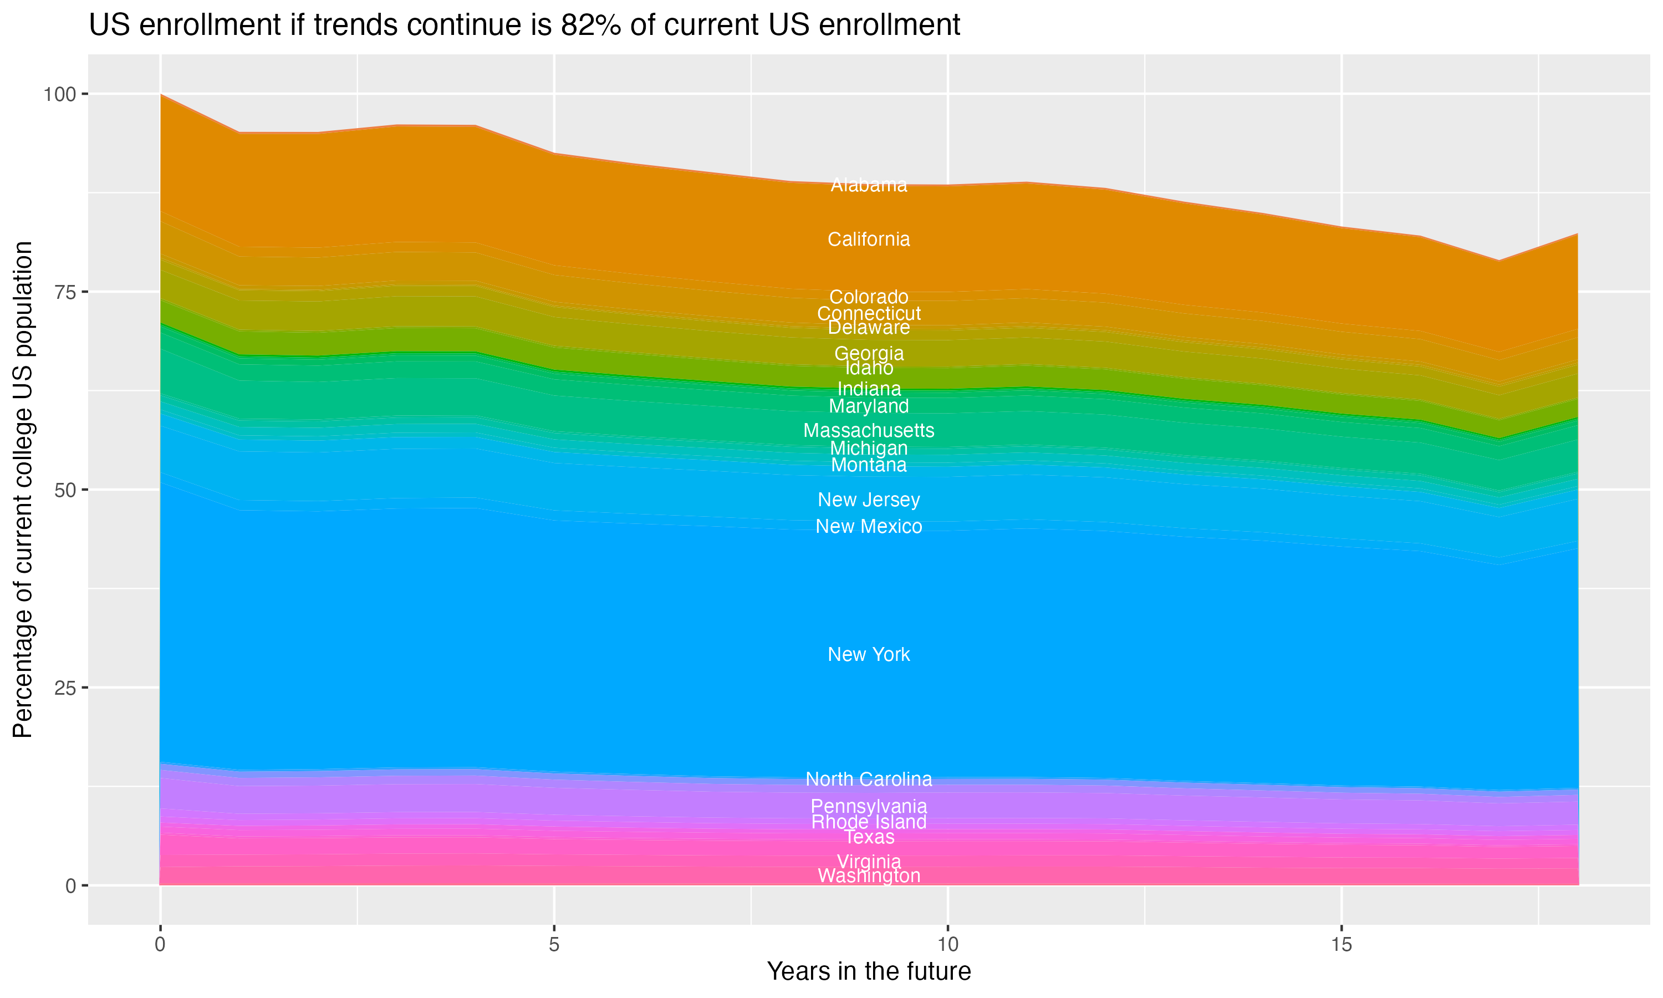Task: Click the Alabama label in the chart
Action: click(x=869, y=185)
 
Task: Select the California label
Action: click(x=869, y=240)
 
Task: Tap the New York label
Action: click(x=869, y=654)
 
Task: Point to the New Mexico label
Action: click(x=869, y=527)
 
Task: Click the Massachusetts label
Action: click(x=869, y=430)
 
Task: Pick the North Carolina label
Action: click(x=869, y=780)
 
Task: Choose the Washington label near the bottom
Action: click(x=869, y=875)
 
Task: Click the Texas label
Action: click(x=869, y=837)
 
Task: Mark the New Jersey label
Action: click(x=869, y=500)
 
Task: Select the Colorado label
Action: click(x=869, y=297)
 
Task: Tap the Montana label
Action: click(x=869, y=465)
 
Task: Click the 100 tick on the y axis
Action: click(x=60, y=94)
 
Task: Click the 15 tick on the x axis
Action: click(x=1341, y=945)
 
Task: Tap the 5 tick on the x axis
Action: click(x=554, y=945)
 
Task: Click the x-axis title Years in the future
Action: click(x=869, y=971)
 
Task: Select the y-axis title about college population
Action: click(x=23, y=490)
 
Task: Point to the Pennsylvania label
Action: click(x=869, y=806)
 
